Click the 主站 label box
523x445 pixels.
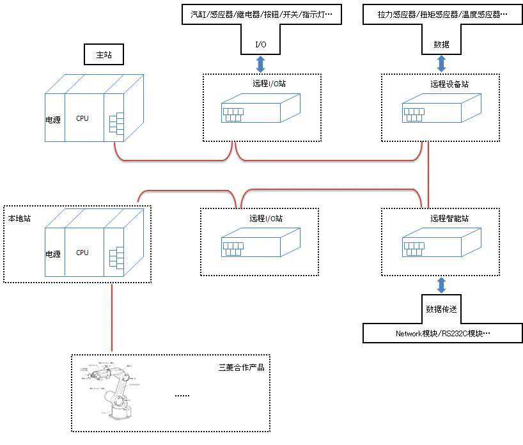coord(104,55)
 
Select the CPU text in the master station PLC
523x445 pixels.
coord(82,118)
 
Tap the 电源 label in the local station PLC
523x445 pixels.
coord(53,254)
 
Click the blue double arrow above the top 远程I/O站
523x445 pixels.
coord(261,64)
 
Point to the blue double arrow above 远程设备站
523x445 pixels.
coord(441,64)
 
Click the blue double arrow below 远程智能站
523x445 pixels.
coord(441,285)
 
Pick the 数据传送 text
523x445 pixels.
coord(441,309)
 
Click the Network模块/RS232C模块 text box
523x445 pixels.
coord(441,333)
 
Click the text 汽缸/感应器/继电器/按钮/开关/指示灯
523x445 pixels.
coord(261,13)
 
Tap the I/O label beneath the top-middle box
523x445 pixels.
coord(261,44)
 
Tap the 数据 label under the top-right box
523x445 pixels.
coord(441,44)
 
